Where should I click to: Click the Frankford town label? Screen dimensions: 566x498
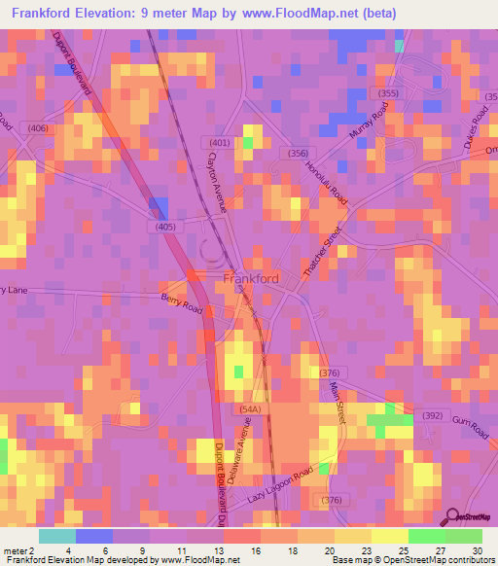[x=252, y=278]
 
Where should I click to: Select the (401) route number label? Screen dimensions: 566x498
[x=219, y=142]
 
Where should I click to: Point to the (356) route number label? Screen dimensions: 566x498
[x=293, y=153]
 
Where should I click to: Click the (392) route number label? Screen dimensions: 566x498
[x=431, y=415]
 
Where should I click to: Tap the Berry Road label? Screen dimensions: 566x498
[x=182, y=305]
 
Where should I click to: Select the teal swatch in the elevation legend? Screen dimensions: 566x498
[x=57, y=536]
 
